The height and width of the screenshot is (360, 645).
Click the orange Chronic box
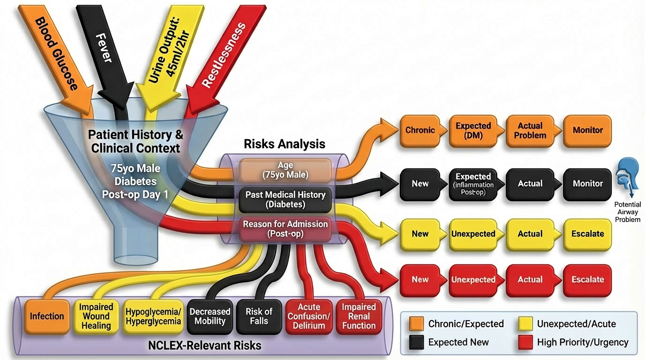coord(420,130)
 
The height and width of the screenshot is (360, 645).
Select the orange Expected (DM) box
coord(473,130)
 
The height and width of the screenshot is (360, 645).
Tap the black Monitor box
coord(587,184)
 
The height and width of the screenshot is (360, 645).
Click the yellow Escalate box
coord(587,233)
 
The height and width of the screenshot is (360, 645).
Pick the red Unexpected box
coord(473,279)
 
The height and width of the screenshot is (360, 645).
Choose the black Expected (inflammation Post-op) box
coord(473,184)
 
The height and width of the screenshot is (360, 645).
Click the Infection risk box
coord(47,316)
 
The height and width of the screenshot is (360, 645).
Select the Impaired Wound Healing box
coord(96,316)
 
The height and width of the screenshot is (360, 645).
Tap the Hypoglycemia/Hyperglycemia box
coord(153,316)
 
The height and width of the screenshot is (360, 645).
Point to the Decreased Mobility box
coord(210,316)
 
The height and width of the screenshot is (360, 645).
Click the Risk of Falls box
coord(259,316)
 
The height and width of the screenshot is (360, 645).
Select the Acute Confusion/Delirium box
coord(309,316)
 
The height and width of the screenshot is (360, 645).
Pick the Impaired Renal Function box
coord(359,316)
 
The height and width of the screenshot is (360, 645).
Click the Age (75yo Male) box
coord(285,170)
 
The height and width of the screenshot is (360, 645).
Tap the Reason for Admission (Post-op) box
coord(285,229)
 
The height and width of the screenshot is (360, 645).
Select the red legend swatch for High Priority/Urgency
coord(526,342)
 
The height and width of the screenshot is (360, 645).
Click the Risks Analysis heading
coord(285,144)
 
